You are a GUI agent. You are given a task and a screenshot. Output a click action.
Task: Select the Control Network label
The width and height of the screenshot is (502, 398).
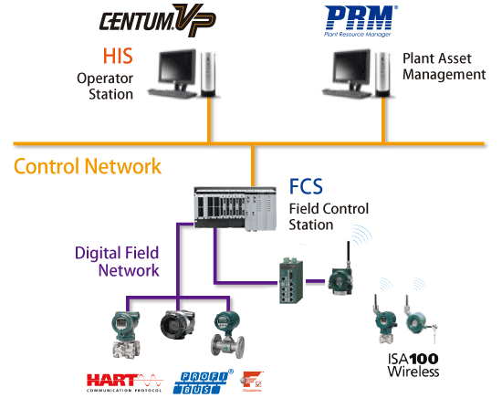point(88,166)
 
